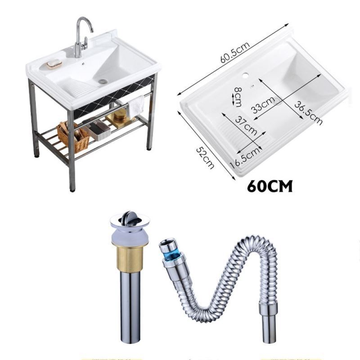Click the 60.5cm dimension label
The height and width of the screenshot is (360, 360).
[x=234, y=52]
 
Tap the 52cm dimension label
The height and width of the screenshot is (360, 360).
[x=205, y=158]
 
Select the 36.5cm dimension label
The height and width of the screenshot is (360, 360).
[x=308, y=113]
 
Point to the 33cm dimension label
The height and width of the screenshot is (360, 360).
[x=263, y=105]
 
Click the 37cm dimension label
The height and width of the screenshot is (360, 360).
[x=246, y=126]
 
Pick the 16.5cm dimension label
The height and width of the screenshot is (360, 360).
[x=245, y=157]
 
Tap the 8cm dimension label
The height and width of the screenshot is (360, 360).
[x=238, y=97]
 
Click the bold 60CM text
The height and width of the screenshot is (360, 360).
[x=270, y=186]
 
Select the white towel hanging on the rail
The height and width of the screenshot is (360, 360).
[x=135, y=106]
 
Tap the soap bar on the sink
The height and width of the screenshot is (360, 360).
[x=54, y=63]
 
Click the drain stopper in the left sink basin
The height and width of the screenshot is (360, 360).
[x=103, y=81]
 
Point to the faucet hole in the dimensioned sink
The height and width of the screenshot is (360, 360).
[x=245, y=75]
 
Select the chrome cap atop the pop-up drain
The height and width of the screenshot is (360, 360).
[x=130, y=220]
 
